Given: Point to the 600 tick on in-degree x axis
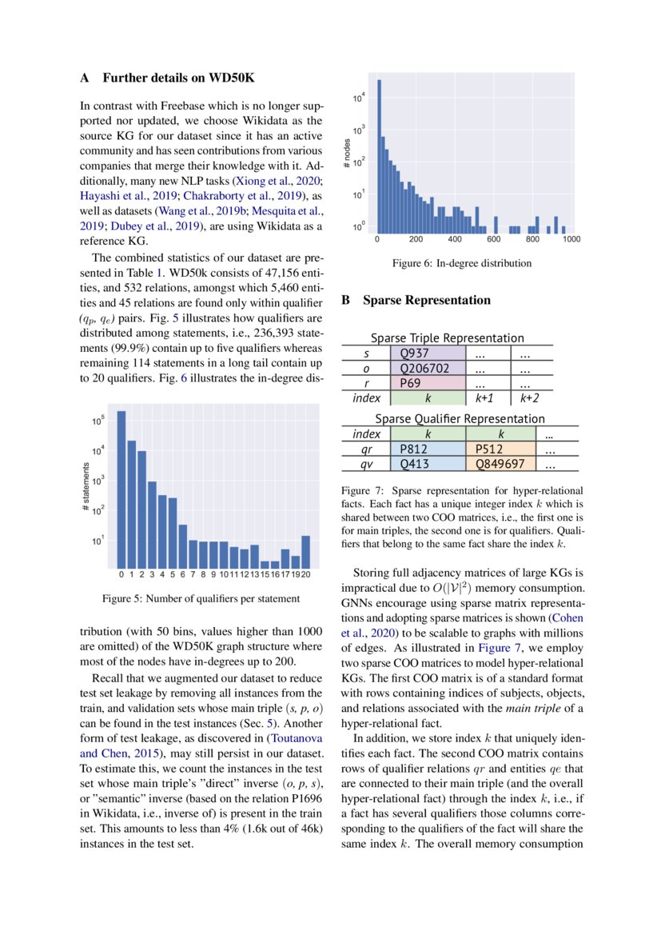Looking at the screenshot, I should (493, 238).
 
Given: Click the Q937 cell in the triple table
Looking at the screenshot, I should (430, 353).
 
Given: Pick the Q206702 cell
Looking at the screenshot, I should (430, 368).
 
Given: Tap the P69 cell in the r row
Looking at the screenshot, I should (430, 382).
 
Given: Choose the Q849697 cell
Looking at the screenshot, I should (500, 464).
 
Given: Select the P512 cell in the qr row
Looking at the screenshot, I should (500, 450).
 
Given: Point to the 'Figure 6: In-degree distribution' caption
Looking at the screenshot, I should (460, 263).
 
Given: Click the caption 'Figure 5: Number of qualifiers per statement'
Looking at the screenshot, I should (201, 598).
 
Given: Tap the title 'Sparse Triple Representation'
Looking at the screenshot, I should (447, 338).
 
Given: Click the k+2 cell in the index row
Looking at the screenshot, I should (530, 397).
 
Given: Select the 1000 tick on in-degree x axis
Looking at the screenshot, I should (571, 238).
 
